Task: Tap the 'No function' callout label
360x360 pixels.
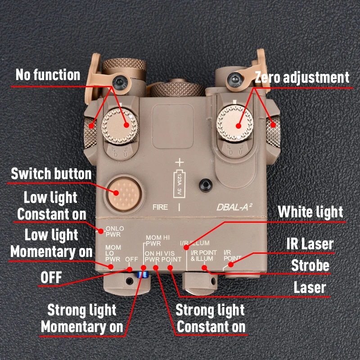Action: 48,75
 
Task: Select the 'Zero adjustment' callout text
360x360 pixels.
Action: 302,77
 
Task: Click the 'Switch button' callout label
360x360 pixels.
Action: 51,173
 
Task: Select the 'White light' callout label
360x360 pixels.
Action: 310,211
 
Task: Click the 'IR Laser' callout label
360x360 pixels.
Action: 310,244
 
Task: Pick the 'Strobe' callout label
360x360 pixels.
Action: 310,265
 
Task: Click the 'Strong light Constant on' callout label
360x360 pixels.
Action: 211,318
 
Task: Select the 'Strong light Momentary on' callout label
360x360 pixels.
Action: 82,318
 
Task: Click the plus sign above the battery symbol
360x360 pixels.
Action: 180,162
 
